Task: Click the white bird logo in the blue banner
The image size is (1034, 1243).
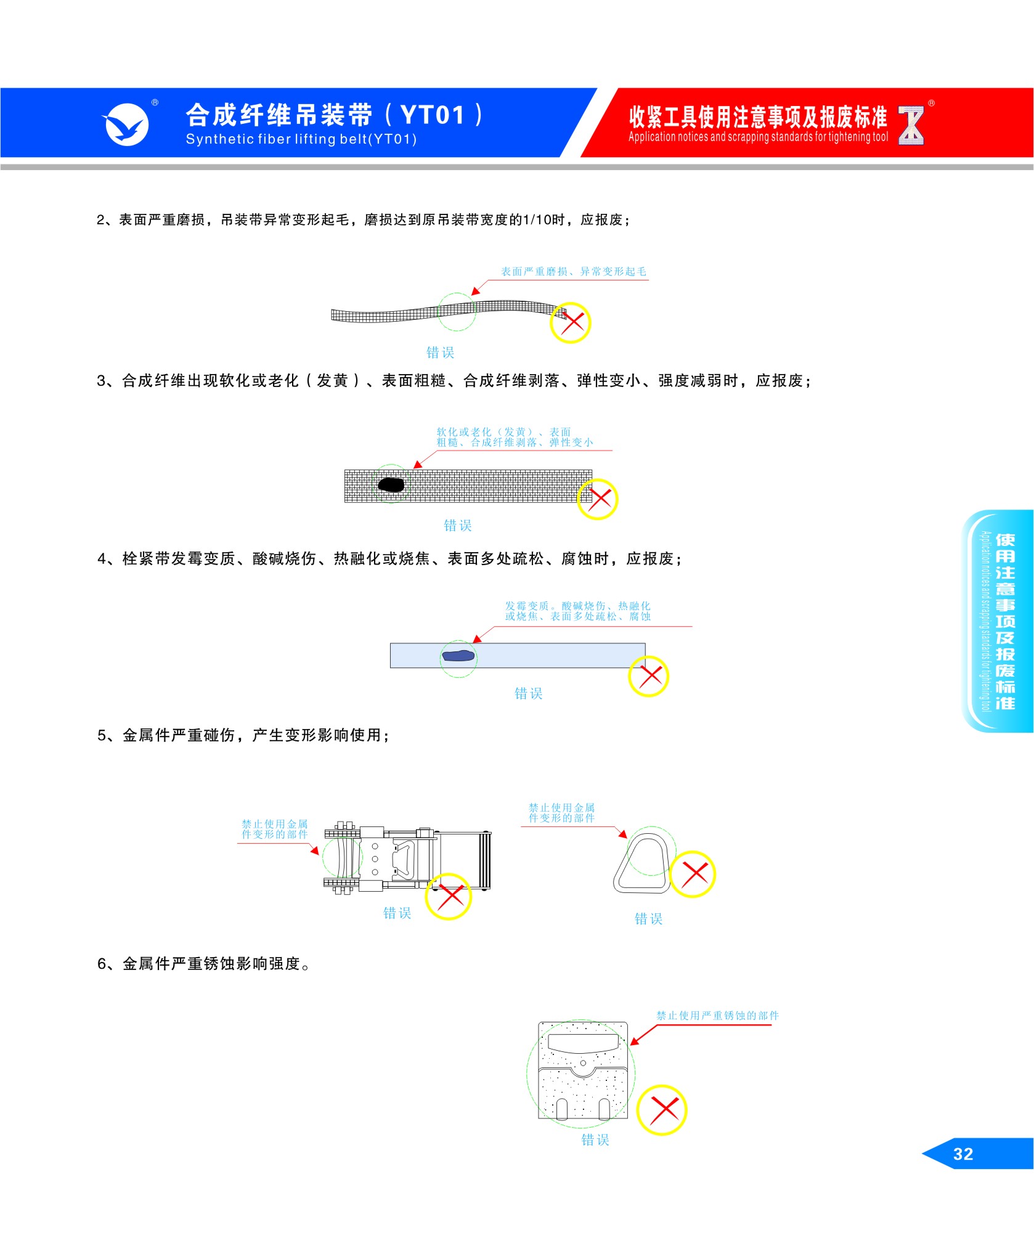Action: [127, 125]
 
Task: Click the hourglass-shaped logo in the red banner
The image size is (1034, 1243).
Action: [911, 126]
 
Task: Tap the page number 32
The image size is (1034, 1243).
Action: [963, 1154]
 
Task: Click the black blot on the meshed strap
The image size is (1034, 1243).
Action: [391, 485]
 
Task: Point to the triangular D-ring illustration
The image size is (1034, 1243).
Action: [642, 863]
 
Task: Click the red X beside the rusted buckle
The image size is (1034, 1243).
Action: [662, 1110]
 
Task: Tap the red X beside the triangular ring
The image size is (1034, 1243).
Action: [693, 874]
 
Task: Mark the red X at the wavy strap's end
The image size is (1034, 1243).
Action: [571, 322]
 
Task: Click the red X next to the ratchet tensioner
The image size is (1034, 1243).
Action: [449, 897]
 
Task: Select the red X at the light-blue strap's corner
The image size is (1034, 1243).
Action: [649, 676]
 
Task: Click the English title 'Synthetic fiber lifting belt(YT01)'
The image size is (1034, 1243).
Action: [301, 139]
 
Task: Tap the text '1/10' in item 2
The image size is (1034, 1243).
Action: [536, 220]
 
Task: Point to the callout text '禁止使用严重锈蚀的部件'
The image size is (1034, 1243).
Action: [717, 1016]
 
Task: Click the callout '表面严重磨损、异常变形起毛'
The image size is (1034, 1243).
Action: [573, 272]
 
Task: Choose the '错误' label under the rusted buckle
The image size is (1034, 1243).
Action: [595, 1140]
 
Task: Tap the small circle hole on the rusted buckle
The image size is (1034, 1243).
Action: [583, 1063]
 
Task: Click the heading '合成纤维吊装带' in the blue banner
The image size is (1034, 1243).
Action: [279, 115]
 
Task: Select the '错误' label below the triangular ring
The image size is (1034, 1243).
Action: [649, 919]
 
